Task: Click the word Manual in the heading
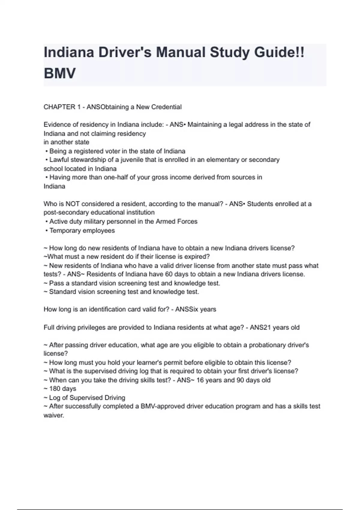pos(180,52)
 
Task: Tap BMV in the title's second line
pos(60,73)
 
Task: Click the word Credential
pos(167,107)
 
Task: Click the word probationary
pos(265,345)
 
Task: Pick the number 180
pos(55,389)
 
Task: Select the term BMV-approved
pos(163,406)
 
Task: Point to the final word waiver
pos(54,416)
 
